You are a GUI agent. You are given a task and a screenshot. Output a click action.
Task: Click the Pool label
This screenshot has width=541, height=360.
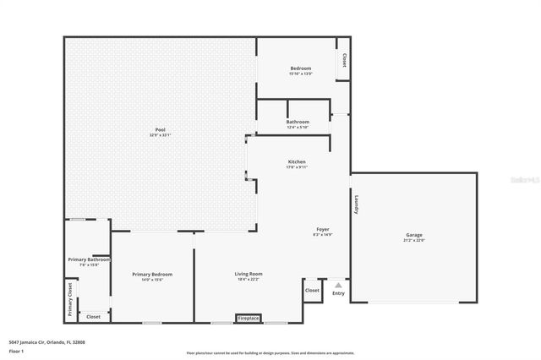coord(160,129)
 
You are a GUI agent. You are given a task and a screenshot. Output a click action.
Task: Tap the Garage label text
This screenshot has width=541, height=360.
coord(413,235)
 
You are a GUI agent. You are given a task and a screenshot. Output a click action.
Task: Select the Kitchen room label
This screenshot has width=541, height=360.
coord(297,161)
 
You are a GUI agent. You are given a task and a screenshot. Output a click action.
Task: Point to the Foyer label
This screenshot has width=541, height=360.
coord(323,229)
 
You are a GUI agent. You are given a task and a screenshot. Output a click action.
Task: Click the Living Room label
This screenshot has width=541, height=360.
coord(249,274)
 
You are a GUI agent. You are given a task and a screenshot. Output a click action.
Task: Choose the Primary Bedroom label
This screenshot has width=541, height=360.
coord(152,274)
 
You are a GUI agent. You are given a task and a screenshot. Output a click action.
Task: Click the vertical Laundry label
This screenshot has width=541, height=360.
coord(357,205)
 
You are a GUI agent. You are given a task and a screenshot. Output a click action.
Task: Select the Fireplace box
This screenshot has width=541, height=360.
coord(249,319)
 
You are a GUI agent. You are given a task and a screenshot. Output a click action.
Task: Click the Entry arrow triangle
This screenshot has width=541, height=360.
coord(338,286)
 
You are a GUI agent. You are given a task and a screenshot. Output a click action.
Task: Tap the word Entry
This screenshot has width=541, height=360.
coord(338,293)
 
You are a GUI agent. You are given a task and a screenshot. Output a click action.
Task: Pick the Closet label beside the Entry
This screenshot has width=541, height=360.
coord(313,290)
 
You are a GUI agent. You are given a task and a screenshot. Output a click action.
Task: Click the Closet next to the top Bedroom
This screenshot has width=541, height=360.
coord(344,61)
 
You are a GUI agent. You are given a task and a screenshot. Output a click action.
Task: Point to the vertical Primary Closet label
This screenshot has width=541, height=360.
coord(71,299)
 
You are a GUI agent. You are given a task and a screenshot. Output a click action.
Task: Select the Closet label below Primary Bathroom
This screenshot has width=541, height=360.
coord(93,316)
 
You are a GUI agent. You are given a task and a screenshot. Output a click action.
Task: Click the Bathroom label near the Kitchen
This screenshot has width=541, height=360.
coord(298,122)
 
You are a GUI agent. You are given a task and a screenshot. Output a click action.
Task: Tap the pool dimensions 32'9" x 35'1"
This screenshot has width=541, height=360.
coord(160,135)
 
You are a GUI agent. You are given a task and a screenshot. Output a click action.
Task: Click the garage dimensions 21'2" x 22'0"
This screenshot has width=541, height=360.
coord(413,241)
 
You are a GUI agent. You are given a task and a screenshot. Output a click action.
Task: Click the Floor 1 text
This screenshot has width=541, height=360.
coord(15,351)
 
